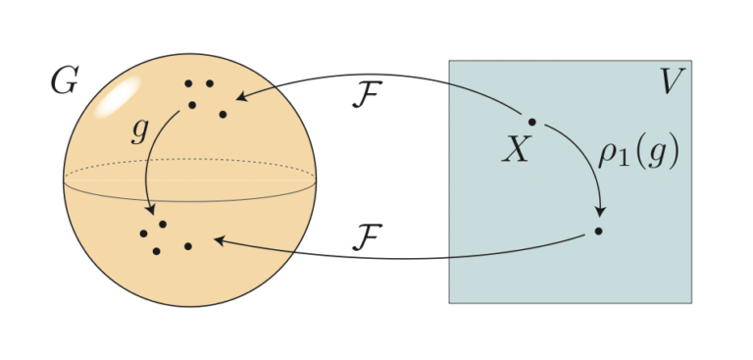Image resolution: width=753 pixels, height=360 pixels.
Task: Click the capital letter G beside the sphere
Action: click(x=64, y=82)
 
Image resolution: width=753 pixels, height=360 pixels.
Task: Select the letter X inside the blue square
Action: click(x=516, y=149)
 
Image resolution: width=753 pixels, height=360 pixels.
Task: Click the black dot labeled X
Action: click(x=532, y=122)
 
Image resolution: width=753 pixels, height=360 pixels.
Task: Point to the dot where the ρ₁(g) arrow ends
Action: click(x=598, y=231)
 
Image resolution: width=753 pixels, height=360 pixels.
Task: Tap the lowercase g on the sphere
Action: click(x=139, y=131)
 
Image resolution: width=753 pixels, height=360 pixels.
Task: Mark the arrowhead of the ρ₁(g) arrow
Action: click(x=599, y=214)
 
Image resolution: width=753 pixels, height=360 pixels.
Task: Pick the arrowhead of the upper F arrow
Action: click(x=240, y=96)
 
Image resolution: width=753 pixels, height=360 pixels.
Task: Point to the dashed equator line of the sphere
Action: click(x=190, y=162)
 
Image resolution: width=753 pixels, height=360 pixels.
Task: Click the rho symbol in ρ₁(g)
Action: click(x=608, y=157)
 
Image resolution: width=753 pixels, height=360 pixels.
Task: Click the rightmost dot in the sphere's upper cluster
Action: click(x=224, y=115)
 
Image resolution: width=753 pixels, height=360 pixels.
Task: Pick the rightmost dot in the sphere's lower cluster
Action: click(x=187, y=245)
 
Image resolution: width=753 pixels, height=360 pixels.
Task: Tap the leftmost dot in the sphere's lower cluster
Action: click(x=143, y=233)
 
